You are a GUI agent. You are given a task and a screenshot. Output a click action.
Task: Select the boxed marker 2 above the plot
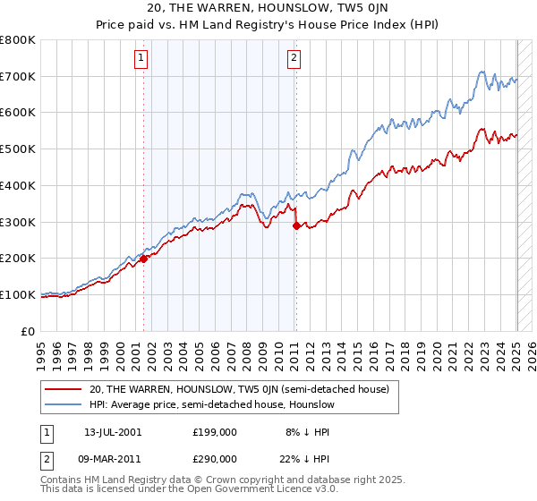pos(294,59)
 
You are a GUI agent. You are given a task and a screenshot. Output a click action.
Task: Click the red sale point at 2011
pos(296,226)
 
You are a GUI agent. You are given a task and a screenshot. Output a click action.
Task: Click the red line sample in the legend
pos(64,390)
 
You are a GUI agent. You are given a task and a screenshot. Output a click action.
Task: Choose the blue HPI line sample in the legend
pos(64,405)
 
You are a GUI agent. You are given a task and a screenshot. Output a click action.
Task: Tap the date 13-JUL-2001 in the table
pos(112,431)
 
